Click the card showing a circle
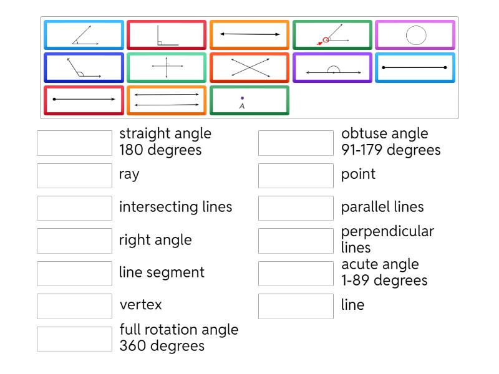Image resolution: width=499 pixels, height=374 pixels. [x=415, y=35]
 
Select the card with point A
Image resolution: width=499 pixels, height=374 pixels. [x=249, y=100]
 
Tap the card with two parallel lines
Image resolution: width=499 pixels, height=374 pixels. [x=167, y=100]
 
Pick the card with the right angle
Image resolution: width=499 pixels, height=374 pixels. [x=167, y=35]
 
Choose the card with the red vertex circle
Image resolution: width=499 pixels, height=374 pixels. [x=332, y=35]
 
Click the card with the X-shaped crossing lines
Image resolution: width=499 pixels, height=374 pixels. [x=249, y=67]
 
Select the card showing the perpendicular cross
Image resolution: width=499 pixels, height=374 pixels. [x=167, y=67]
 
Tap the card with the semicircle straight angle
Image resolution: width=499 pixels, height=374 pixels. [x=332, y=67]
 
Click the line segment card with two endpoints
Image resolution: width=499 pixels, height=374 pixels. [x=415, y=67]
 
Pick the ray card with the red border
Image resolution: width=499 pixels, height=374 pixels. [x=84, y=100]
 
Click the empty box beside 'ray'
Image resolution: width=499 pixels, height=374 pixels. [x=74, y=175]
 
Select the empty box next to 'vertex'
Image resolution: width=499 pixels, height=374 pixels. [x=74, y=306]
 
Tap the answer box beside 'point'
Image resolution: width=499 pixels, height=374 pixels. [x=296, y=175]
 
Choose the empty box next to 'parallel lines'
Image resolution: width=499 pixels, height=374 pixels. [x=296, y=208]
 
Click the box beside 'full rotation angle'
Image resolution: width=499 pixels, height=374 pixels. [x=74, y=338]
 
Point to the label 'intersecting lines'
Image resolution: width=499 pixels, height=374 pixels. [x=175, y=207]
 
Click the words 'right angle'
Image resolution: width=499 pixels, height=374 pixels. [x=155, y=240]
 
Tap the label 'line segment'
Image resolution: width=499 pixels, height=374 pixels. [x=162, y=272]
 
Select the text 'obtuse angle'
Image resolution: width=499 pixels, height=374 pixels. [x=384, y=133]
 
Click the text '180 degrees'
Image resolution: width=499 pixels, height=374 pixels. [x=160, y=150]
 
